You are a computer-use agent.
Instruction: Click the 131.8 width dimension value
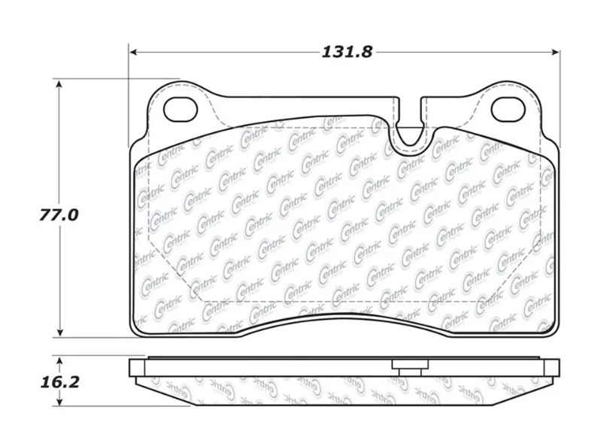[x=347, y=52]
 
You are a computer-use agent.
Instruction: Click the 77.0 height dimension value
[x=59, y=215]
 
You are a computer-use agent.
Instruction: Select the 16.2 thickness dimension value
[x=59, y=382]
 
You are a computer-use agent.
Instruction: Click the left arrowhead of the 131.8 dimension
[x=134, y=52]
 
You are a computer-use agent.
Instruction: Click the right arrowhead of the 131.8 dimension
[x=554, y=52]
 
